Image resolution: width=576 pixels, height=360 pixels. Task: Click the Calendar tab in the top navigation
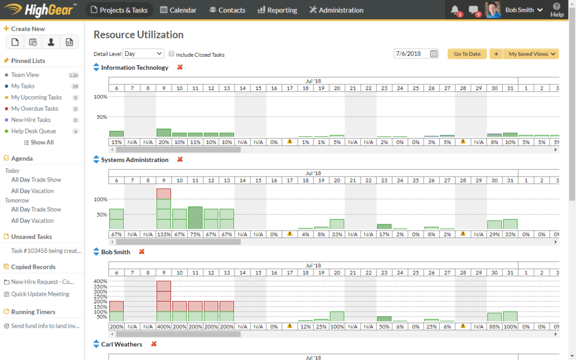(178, 10)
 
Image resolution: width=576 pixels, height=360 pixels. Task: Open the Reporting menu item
(277, 10)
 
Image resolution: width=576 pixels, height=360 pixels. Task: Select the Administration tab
(336, 10)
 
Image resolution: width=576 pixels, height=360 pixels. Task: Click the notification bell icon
(455, 10)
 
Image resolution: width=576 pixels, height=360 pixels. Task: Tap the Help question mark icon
(556, 7)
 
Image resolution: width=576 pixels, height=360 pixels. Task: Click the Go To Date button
(467, 54)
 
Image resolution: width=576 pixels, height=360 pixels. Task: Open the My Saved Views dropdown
(532, 54)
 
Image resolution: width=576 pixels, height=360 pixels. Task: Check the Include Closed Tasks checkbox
(172, 55)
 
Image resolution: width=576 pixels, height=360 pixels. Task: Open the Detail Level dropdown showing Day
(143, 54)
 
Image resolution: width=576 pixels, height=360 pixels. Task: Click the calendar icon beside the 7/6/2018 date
(434, 54)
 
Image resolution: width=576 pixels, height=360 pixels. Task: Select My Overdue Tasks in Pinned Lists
(35, 109)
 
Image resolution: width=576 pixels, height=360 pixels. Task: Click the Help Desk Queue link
(34, 131)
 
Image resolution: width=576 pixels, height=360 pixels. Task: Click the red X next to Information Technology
(180, 67)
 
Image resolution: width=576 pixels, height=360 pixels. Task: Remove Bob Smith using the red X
(142, 252)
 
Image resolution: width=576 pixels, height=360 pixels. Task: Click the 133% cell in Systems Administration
(164, 234)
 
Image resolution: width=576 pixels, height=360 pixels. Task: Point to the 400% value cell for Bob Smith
(164, 326)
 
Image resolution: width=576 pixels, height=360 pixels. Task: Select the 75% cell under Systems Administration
(195, 234)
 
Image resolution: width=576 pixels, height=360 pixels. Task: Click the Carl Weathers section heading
(121, 344)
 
